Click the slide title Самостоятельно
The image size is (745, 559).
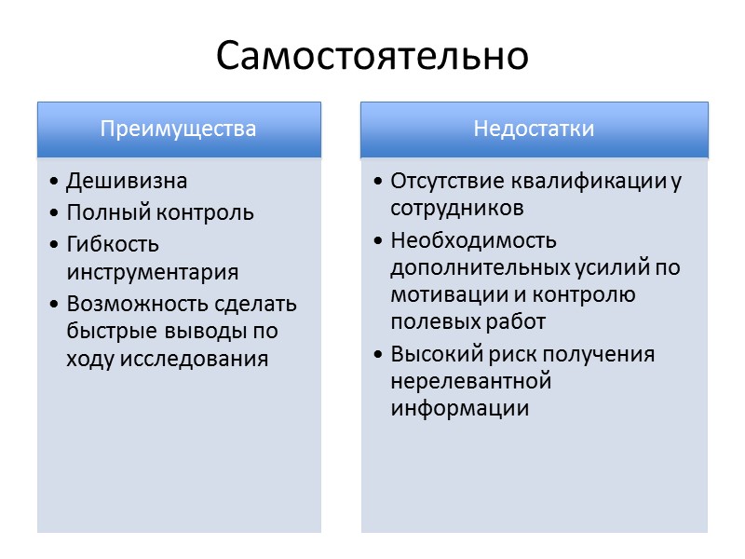[x=372, y=57]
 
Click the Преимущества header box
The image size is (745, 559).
[x=179, y=129]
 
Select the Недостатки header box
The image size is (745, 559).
[x=534, y=129]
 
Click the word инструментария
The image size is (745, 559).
[x=153, y=273]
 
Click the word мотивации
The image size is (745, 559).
[x=440, y=295]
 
